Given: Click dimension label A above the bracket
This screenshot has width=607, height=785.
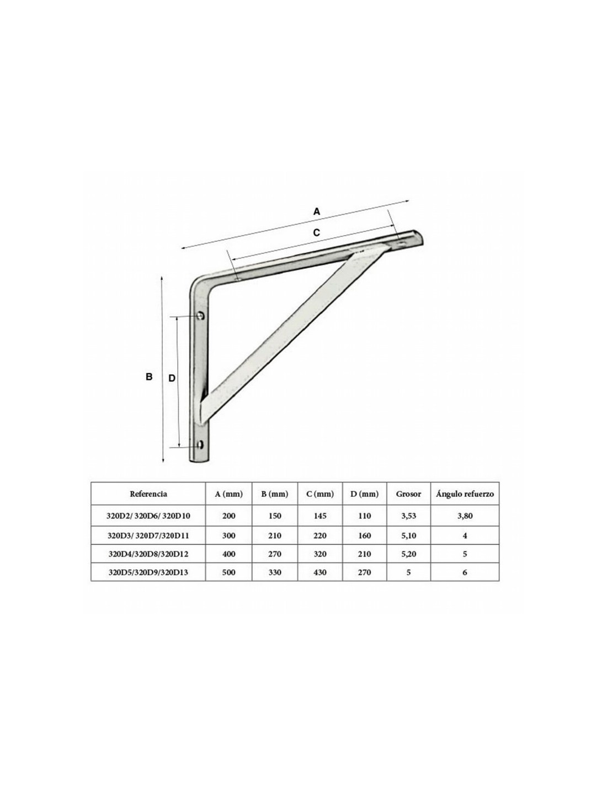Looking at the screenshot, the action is point(316,211).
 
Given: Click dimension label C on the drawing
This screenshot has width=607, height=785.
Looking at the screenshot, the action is point(316,232).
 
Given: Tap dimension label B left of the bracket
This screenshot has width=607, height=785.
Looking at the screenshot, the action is point(149,377).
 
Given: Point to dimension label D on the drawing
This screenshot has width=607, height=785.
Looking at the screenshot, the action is point(172,378).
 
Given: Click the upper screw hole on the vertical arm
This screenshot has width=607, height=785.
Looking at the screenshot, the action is point(201,315).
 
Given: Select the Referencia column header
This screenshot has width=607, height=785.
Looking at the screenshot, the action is point(148,494).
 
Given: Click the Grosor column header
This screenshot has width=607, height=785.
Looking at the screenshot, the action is point(408,494).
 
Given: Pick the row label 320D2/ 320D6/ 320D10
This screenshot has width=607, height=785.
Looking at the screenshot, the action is point(148,516).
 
